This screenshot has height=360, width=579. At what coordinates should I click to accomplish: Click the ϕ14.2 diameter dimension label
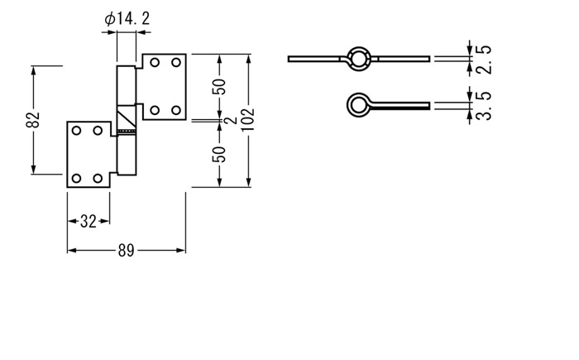[127, 18]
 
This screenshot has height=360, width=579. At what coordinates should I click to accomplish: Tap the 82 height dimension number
[33, 119]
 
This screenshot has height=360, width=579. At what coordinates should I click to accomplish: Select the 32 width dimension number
[88, 222]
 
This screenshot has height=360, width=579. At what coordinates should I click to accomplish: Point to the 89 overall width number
[126, 251]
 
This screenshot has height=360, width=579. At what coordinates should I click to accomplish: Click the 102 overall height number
[248, 119]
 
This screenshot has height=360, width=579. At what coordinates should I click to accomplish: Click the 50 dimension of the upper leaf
[219, 87]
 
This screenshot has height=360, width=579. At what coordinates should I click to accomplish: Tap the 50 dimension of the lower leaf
[219, 155]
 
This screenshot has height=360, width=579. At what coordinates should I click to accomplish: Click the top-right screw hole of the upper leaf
[176, 62]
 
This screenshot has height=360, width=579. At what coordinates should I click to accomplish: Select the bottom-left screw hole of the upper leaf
[156, 110]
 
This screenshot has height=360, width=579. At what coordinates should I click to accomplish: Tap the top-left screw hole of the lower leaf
[76, 131]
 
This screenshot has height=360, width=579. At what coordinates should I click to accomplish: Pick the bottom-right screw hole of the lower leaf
[98, 179]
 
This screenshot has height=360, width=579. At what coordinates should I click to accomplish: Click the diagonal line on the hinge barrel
[127, 117]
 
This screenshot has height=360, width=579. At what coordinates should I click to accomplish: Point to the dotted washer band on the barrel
[127, 132]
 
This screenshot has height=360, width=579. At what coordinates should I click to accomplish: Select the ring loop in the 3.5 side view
[347, 104]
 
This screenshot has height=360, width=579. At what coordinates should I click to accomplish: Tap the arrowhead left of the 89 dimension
[72, 251]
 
